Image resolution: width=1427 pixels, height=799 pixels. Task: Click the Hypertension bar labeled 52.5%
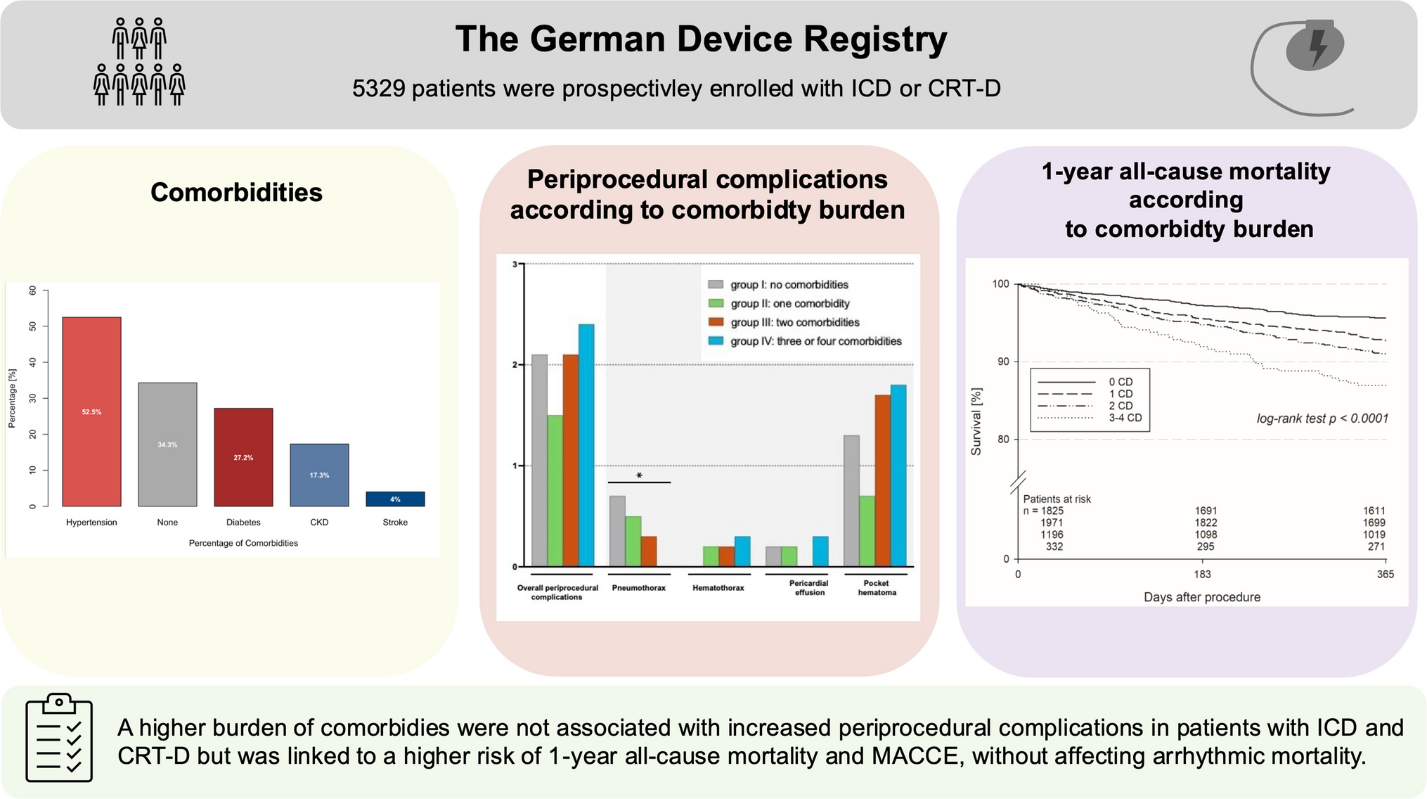pyautogui.click(x=91, y=411)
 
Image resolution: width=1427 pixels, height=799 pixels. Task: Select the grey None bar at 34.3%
pyautogui.click(x=167, y=445)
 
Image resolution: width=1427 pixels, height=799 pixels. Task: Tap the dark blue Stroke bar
pyautogui.click(x=395, y=499)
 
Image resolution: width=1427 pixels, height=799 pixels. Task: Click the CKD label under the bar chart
pyautogui.click(x=319, y=523)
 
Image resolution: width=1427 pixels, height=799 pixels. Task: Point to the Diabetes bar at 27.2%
pyautogui.click(x=243, y=457)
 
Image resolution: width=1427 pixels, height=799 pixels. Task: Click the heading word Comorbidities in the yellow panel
pyautogui.click(x=236, y=192)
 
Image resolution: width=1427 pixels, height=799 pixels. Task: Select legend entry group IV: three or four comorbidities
pyautogui.click(x=815, y=341)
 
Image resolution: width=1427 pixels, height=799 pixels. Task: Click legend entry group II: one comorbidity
pyautogui.click(x=789, y=304)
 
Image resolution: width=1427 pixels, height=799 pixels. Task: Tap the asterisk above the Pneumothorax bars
pyautogui.click(x=639, y=476)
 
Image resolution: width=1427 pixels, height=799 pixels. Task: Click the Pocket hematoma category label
pyautogui.click(x=877, y=588)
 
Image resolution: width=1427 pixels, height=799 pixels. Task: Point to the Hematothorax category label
pyautogui.click(x=718, y=588)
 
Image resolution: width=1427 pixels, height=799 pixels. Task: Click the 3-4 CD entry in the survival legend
pyautogui.click(x=1125, y=418)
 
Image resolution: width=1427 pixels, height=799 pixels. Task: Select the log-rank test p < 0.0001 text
pyautogui.click(x=1322, y=418)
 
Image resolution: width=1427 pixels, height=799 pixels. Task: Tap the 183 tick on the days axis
pyautogui.click(x=1202, y=575)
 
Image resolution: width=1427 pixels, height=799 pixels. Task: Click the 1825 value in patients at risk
pyautogui.click(x=1052, y=511)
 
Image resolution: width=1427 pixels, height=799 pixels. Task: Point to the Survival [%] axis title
pyautogui.click(x=976, y=421)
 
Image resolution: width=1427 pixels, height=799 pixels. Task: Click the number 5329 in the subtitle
pyautogui.click(x=379, y=89)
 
